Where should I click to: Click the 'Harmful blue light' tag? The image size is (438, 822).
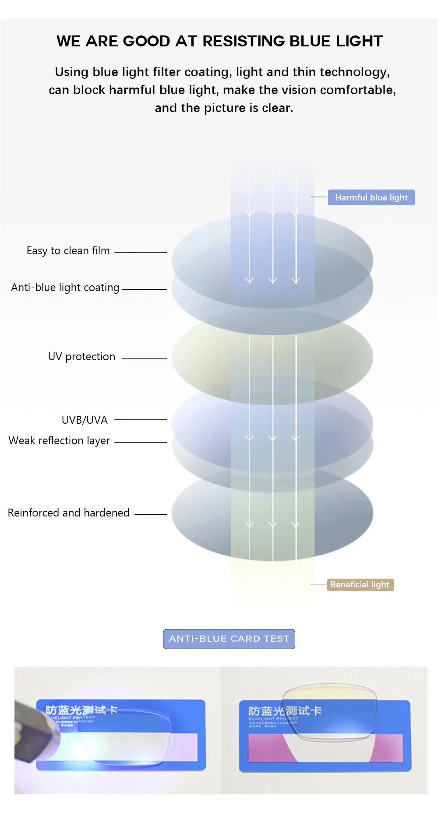tap(371, 197)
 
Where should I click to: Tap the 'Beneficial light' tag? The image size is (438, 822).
tap(360, 585)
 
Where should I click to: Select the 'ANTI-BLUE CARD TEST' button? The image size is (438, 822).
tap(229, 639)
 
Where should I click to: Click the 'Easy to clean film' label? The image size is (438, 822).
tap(68, 251)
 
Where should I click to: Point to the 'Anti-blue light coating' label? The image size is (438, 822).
tap(65, 288)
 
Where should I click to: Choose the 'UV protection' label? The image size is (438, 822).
tap(81, 357)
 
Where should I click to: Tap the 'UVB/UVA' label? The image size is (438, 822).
tap(85, 420)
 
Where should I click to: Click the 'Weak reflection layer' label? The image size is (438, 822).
tap(59, 441)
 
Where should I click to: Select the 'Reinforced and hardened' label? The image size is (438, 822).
tap(68, 513)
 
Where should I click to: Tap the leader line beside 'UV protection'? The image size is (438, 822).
tap(145, 358)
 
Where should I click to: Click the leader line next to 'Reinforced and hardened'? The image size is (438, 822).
tap(151, 514)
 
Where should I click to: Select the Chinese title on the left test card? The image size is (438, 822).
tap(81, 710)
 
